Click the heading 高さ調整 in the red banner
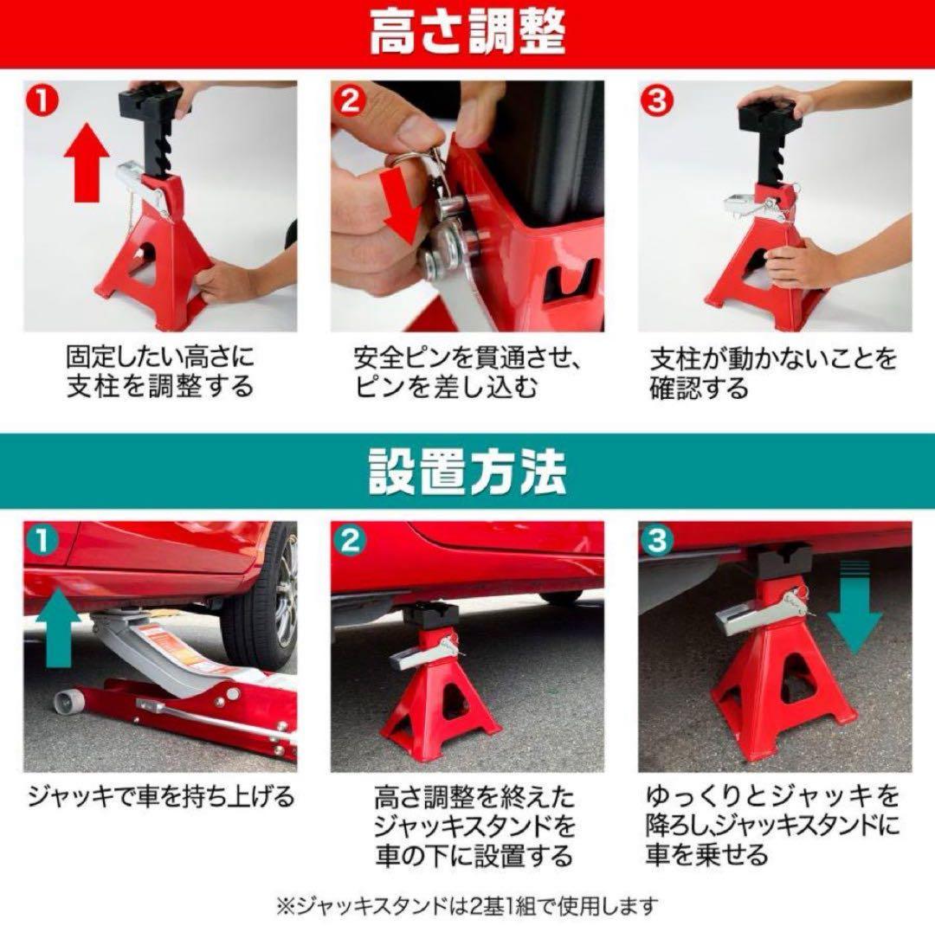click(x=467, y=34)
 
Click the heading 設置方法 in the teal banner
click(x=467, y=472)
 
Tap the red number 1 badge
click(x=42, y=100)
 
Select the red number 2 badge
click(x=350, y=100)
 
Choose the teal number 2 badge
click(x=350, y=541)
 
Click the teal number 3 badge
click(x=656, y=541)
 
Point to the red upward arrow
click(x=87, y=162)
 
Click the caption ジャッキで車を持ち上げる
click(x=161, y=796)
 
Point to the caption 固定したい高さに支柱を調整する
click(x=160, y=372)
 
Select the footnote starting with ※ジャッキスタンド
click(x=467, y=905)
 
